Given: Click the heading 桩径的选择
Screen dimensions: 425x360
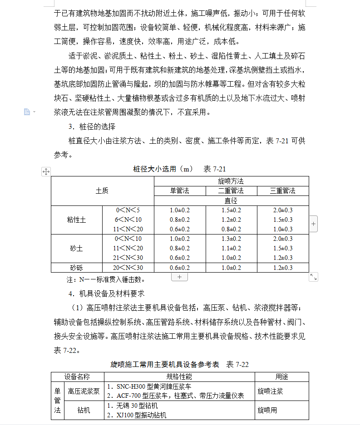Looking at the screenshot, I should (x=95, y=127).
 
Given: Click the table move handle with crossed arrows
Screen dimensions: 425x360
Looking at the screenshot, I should (x=46, y=171).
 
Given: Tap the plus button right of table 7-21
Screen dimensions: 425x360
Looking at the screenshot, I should (x=314, y=224).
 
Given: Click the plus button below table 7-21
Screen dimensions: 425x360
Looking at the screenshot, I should (x=179, y=277).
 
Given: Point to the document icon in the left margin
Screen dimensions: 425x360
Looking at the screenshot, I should (x=27, y=112).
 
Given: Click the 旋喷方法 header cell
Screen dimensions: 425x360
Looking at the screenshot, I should (x=231, y=181).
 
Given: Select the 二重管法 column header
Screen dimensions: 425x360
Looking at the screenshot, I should (x=231, y=191).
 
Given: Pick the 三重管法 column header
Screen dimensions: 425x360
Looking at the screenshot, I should (x=282, y=191).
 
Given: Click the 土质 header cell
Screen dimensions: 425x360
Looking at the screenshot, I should (x=102, y=191).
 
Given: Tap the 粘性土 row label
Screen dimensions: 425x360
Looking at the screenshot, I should (x=77, y=220).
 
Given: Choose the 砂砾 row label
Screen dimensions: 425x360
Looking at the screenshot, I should (x=77, y=268).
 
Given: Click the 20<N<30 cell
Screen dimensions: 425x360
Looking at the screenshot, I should (x=128, y=268).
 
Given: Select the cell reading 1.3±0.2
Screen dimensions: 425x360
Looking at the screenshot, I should (x=231, y=239).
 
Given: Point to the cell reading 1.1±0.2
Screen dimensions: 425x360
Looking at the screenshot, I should (x=231, y=249).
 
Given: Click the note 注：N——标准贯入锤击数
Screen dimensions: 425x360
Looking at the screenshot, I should (x=106, y=279).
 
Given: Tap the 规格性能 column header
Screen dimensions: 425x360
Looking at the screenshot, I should (x=179, y=377).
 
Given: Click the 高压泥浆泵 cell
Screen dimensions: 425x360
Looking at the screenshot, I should (x=84, y=391).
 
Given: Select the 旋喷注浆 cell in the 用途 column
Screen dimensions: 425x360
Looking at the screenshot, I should (x=270, y=391).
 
